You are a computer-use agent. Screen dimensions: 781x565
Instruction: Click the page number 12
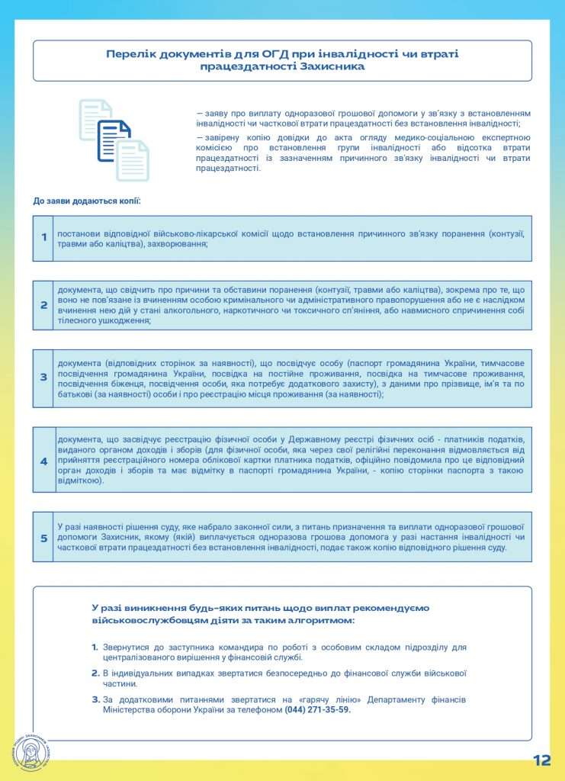click(x=541, y=760)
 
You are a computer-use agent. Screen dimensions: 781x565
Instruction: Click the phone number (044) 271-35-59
click(x=317, y=709)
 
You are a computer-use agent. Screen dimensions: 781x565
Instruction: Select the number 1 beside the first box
click(x=43, y=237)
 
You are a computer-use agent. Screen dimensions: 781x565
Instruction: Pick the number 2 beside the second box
click(x=43, y=305)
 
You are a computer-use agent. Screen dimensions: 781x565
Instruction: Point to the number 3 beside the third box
click(x=43, y=377)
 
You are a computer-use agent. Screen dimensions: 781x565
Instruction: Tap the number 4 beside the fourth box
click(x=43, y=461)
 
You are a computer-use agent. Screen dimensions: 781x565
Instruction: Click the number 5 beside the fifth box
click(x=43, y=538)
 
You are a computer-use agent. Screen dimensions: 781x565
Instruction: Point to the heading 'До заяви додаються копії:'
click(x=87, y=201)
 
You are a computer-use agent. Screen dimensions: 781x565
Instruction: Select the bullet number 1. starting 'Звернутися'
click(x=95, y=647)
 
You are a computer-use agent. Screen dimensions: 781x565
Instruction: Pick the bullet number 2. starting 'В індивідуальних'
click(x=95, y=673)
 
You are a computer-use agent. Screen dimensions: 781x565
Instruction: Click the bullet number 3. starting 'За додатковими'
click(x=95, y=699)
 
